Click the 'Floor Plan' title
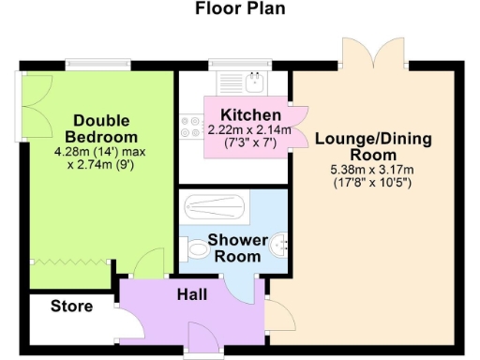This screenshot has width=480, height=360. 240,10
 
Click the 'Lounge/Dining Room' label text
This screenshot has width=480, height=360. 373,147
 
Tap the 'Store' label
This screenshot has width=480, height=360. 71,307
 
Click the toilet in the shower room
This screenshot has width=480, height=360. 197,250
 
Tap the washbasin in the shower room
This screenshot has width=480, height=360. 279,248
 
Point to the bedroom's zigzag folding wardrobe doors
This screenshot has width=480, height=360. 72,262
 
